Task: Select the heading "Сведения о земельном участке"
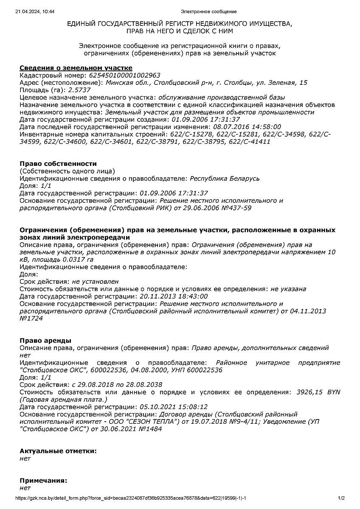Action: (76, 68)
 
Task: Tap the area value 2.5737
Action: (79, 90)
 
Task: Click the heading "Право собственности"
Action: (58, 164)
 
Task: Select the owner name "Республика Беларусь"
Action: (225, 179)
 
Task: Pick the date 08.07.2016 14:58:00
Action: (247, 127)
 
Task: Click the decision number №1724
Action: (31, 319)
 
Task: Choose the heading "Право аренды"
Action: (45, 341)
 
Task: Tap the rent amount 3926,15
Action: (309, 392)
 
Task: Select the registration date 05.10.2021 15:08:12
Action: (174, 407)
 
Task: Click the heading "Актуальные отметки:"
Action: (58, 451)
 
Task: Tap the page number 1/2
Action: (341, 498)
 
